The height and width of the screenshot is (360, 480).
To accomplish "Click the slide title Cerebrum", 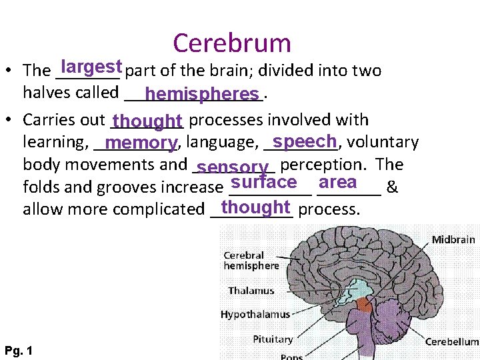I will click(x=232, y=43).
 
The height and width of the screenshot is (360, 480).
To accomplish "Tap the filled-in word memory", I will click(x=141, y=143).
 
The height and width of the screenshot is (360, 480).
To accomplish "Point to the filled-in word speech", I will click(x=305, y=141).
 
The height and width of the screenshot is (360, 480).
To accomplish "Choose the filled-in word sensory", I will click(x=233, y=167).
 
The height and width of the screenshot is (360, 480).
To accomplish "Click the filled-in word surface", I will click(x=263, y=183).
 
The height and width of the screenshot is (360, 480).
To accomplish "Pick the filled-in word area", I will click(x=338, y=183).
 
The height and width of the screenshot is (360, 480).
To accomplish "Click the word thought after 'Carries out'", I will click(x=147, y=121).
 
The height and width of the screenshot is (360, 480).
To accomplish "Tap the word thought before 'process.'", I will click(x=255, y=207).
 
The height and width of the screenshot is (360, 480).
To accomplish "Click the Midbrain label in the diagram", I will click(x=454, y=240).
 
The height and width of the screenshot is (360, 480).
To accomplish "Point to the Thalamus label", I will click(x=251, y=291).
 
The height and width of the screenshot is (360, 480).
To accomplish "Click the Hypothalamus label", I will click(x=255, y=314).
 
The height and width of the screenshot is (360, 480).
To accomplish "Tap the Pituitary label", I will click(x=273, y=339).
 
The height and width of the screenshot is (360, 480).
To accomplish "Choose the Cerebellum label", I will click(x=452, y=342).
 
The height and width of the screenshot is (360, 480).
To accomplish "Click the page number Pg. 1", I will click(x=19, y=351).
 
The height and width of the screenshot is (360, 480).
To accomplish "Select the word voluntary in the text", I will click(x=383, y=142).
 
